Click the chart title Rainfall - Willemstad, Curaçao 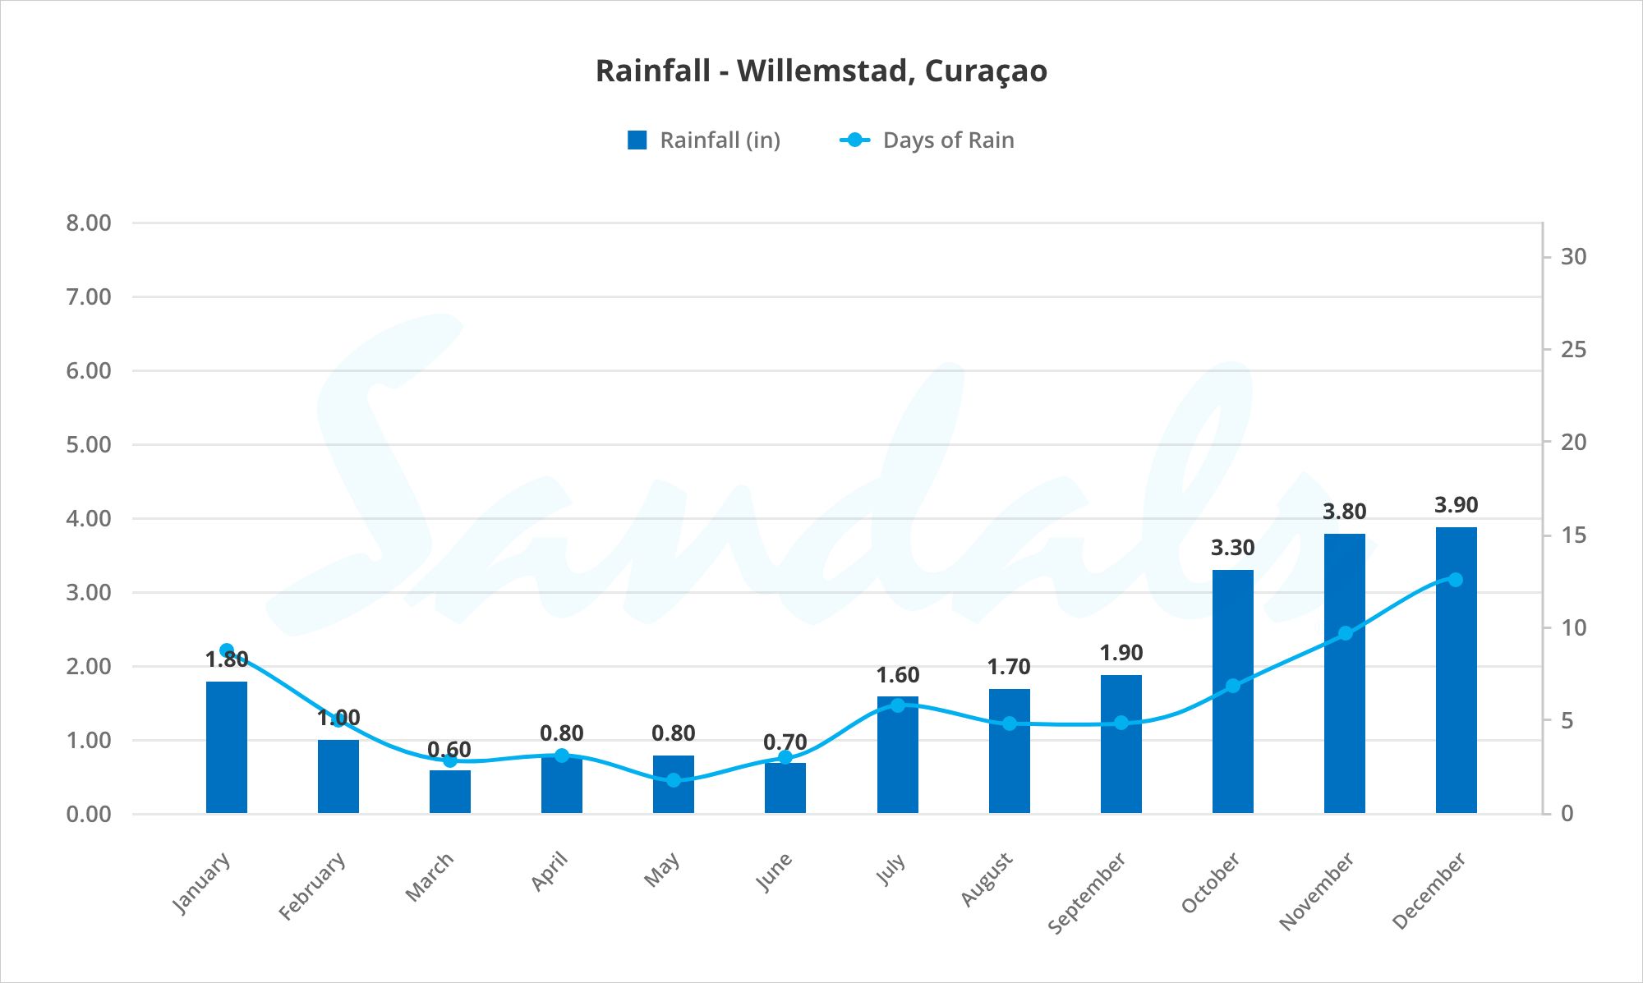coord(821,71)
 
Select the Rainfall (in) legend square coord(637,140)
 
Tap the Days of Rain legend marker coord(854,140)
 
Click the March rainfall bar coord(450,792)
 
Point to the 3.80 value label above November coord(1344,512)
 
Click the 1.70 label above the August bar coord(1009,667)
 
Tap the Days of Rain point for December coord(1456,580)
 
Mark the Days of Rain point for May coord(674,780)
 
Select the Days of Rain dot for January coord(227,650)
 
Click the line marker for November coord(1345,633)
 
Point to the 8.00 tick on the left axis coord(89,223)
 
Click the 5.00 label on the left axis coord(89,445)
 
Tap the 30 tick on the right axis coord(1573,257)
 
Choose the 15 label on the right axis coord(1573,535)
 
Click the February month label coord(312,886)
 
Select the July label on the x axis coord(891,870)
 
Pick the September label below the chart coord(1086,893)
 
